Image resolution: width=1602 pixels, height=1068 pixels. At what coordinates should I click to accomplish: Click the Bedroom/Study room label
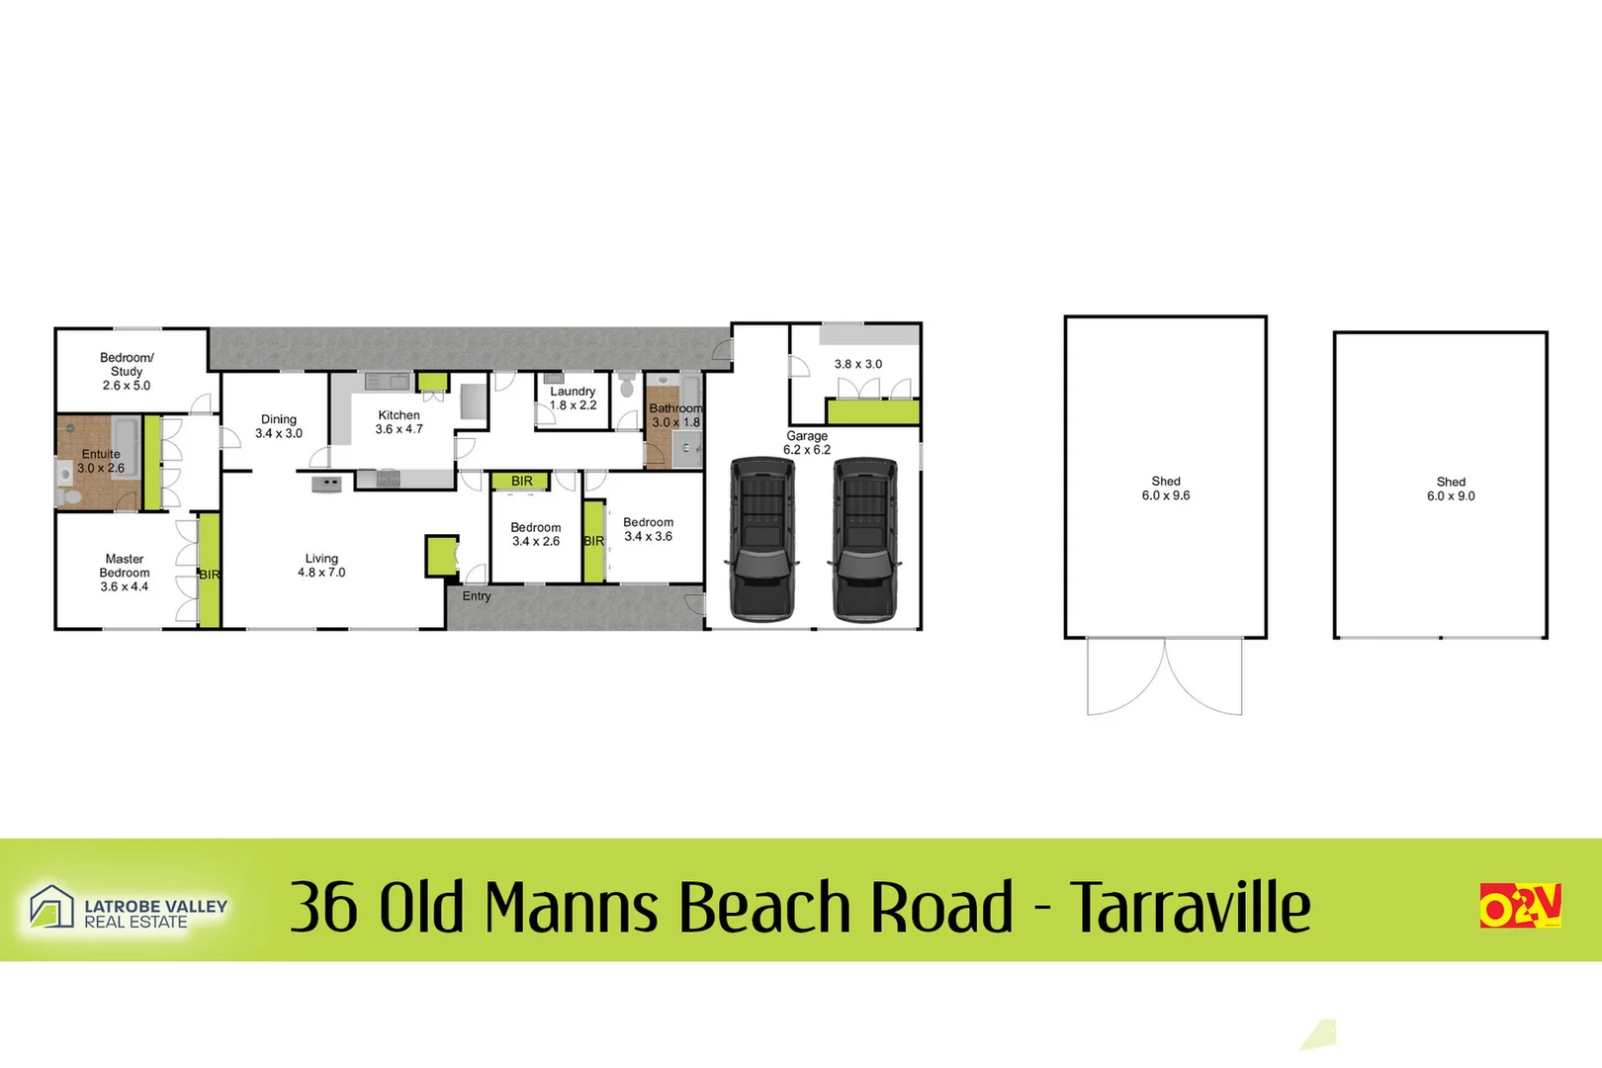[x=127, y=372]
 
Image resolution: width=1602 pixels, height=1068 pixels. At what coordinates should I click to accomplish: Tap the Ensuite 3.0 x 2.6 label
[x=101, y=461]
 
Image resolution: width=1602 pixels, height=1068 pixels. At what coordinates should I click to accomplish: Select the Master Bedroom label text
[x=125, y=573]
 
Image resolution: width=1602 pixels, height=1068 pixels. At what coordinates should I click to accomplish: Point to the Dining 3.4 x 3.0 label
[x=279, y=426]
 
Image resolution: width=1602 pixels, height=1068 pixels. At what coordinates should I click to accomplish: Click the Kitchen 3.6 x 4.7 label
[x=399, y=422]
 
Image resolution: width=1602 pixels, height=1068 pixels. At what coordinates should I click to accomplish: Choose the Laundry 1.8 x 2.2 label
[x=573, y=398]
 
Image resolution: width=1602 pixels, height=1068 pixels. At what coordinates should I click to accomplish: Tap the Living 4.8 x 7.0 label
[x=321, y=566]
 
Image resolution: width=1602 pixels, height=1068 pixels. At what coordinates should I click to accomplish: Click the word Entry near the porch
[x=477, y=596]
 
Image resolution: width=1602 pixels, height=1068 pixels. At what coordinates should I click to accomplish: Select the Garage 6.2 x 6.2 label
[x=807, y=442]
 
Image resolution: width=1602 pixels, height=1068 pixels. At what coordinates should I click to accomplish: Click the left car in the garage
[x=761, y=539]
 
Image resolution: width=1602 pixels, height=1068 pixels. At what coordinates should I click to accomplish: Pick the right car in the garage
[x=865, y=539]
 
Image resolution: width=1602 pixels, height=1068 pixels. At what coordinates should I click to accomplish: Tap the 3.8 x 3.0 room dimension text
[x=857, y=364]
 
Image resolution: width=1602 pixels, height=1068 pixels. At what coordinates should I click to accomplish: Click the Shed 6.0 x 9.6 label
[x=1166, y=489]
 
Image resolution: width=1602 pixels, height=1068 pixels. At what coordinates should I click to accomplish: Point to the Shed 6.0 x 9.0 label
[x=1451, y=489]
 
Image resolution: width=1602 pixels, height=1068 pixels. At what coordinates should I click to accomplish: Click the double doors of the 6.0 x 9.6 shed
[x=1165, y=677]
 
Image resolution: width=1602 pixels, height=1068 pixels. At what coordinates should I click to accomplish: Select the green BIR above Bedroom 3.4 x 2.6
[x=521, y=482]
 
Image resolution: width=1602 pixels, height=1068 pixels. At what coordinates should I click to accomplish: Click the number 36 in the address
[x=323, y=907]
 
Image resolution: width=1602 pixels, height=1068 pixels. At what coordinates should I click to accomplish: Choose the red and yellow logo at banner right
[x=1520, y=906]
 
